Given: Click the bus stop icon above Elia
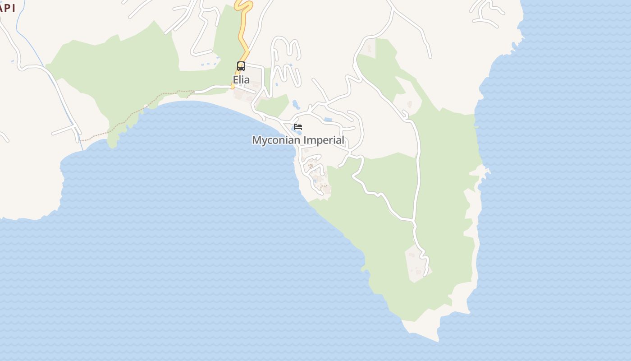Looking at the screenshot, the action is click(x=241, y=66).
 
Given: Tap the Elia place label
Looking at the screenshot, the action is click(x=241, y=80).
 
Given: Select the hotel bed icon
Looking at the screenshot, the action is click(x=298, y=127).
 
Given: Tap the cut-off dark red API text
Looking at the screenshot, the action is click(x=7, y=8).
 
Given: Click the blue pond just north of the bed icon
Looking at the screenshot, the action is click(x=296, y=105).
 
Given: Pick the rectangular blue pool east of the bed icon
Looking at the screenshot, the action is click(x=328, y=120).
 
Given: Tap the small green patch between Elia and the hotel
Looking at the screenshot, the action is click(x=273, y=105).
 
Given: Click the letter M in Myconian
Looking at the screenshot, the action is click(x=256, y=140).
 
